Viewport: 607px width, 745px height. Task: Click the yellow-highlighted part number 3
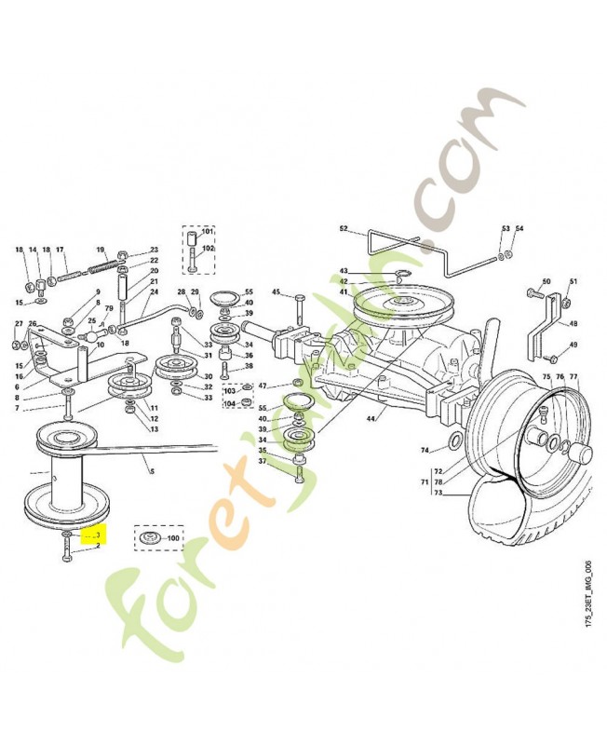(97, 536)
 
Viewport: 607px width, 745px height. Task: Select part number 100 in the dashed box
(173, 539)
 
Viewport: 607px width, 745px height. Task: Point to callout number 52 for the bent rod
(343, 229)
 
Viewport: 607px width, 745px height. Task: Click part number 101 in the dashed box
(207, 231)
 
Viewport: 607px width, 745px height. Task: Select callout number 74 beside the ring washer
(425, 451)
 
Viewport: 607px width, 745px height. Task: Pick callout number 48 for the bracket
(573, 324)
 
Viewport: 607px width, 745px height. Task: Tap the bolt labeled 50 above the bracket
(532, 294)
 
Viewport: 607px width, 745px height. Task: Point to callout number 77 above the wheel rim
(573, 377)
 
